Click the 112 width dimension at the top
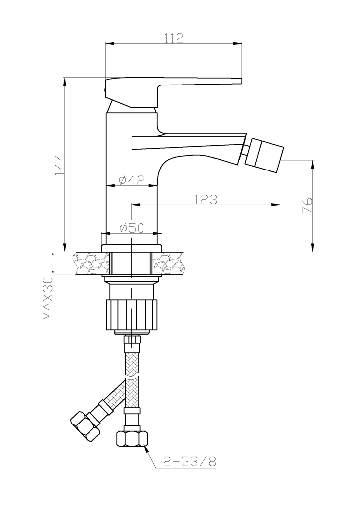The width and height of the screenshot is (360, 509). (174, 38)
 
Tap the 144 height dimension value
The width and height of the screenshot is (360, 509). (60, 165)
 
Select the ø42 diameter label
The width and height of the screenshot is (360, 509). (131, 180)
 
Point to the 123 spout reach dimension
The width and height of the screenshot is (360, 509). (206, 199)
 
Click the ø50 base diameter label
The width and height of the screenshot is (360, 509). (131, 228)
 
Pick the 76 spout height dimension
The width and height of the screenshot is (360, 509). (307, 205)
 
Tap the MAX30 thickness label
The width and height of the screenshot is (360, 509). (48, 298)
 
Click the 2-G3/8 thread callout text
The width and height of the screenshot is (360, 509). (189, 461)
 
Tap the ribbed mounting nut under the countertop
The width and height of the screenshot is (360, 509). (131, 315)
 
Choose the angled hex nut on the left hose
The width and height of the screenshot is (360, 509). (85, 425)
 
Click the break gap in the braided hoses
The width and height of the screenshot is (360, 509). (132, 378)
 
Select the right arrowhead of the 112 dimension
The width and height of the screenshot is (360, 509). (238, 43)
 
